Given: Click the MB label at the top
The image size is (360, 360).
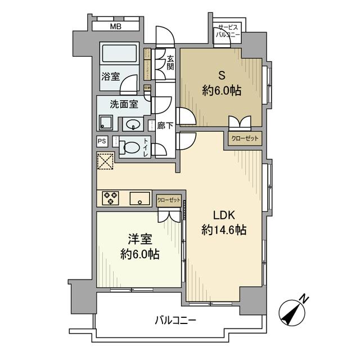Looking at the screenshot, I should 115,26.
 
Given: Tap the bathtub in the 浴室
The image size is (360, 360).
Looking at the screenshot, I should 119,54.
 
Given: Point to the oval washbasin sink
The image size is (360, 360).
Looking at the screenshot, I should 133,124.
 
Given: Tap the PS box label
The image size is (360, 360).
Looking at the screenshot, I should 102,142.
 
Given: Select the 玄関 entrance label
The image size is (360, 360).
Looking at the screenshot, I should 170,61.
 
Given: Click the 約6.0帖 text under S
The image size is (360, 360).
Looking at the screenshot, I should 222,91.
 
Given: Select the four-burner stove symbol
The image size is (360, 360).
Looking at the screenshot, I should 111,197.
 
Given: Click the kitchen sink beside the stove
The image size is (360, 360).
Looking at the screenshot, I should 139,197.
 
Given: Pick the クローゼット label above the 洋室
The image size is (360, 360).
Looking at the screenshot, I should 169,200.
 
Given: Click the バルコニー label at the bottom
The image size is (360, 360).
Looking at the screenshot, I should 175,321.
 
